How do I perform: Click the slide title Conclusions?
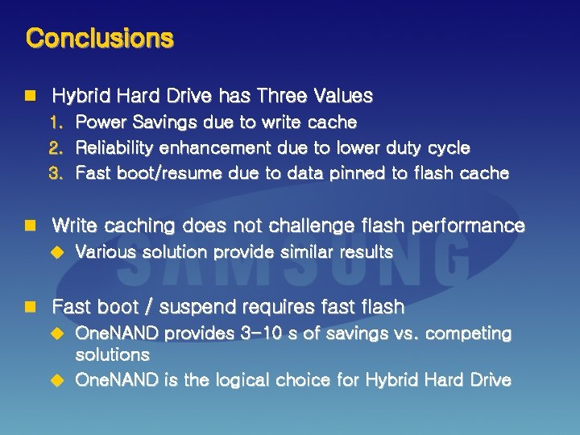tap(99, 38)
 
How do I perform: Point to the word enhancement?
tap(215, 148)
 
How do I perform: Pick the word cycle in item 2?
tap(449, 148)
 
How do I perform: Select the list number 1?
tap(56, 122)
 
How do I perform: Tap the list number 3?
tap(56, 173)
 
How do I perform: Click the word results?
tap(366, 252)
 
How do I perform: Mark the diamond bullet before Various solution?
tap(56, 252)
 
